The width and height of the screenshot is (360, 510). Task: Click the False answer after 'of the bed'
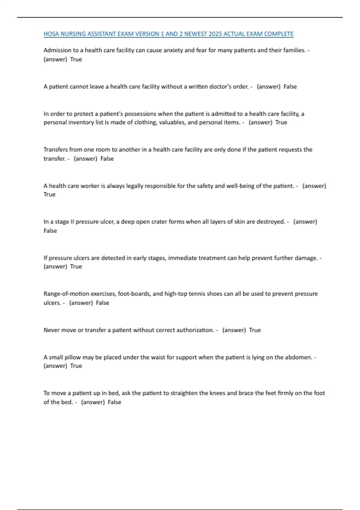(x=114, y=402)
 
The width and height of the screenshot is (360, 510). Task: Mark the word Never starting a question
(x=51, y=330)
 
